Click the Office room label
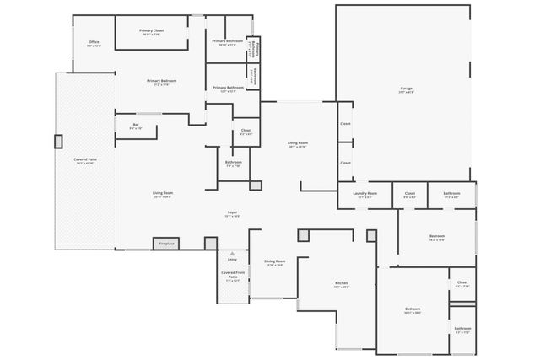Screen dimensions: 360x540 [x=94, y=43]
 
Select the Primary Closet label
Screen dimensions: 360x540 [x=152, y=32]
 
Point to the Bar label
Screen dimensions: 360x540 [x=135, y=126]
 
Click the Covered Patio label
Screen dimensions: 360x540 [x=85, y=160]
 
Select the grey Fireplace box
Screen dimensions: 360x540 [x=166, y=244]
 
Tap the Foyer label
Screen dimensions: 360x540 [x=232, y=213]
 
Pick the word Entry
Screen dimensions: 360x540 [x=232, y=260]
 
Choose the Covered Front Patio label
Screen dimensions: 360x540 [x=232, y=275]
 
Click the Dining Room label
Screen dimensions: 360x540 [x=274, y=262]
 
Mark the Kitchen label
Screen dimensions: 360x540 [x=341, y=284]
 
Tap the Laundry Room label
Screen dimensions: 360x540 [x=364, y=194]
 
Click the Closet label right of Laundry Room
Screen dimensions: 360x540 [x=409, y=194]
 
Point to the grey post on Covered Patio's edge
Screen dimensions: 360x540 [x=58, y=141]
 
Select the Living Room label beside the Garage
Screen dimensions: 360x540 [x=297, y=144]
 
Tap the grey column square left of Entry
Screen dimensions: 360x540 [x=210, y=243]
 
